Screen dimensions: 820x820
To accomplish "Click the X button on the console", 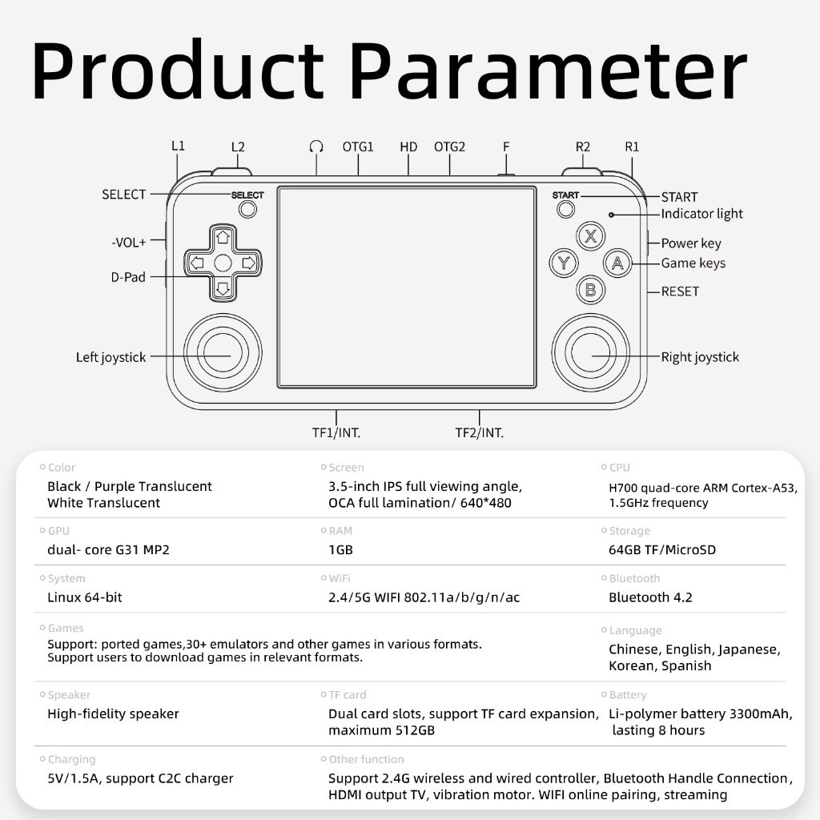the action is tap(590, 236).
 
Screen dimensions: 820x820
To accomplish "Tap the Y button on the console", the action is tap(564, 263).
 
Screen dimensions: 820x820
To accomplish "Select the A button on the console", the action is tap(617, 263).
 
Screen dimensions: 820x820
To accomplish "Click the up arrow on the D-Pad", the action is tap(223, 237).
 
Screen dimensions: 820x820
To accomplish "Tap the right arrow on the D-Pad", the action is tap(249, 263).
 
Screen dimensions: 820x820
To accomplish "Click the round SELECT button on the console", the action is tap(247, 210).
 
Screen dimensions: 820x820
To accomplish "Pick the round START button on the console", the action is tap(566, 209).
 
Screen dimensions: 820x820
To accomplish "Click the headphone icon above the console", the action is tap(316, 147).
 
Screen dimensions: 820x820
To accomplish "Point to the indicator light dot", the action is tap(611, 215).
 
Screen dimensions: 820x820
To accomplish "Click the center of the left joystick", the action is tap(223, 352).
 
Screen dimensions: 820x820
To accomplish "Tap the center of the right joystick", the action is tap(590, 352).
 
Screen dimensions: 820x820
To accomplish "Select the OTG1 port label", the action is tap(358, 147).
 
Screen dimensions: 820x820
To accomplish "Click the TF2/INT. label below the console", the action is tap(479, 433).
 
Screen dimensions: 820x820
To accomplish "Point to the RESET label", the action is tap(680, 291).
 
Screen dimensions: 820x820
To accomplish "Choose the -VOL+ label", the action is tap(129, 242).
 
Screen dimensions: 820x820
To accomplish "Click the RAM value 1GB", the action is tap(340, 549).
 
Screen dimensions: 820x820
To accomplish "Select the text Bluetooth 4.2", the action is tap(650, 597).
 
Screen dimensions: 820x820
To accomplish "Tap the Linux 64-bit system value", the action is tap(85, 597).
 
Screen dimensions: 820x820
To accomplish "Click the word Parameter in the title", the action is tap(548, 70).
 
